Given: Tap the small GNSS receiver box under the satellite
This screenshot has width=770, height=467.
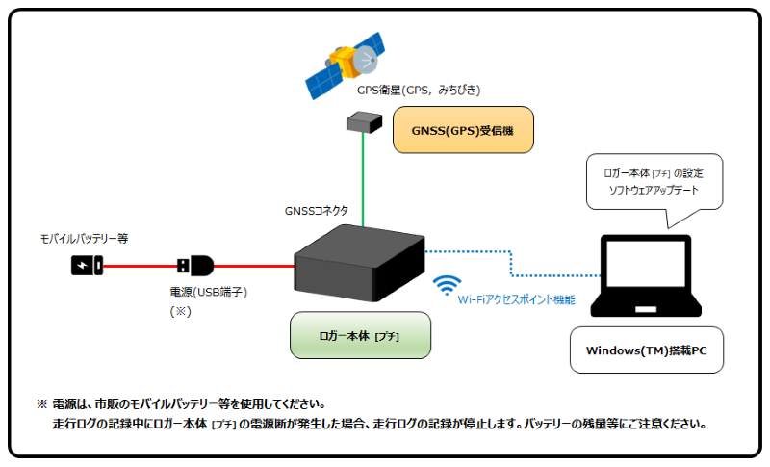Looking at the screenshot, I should pyautogui.click(x=363, y=121).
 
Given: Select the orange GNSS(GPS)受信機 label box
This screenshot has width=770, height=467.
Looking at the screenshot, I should pyautogui.click(x=462, y=129).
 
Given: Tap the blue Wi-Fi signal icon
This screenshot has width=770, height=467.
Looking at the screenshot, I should pyautogui.click(x=447, y=286).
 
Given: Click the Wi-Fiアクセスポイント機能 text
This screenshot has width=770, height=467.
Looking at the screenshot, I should pyautogui.click(x=516, y=300).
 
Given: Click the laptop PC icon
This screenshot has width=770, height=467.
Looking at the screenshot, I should pyautogui.click(x=647, y=280).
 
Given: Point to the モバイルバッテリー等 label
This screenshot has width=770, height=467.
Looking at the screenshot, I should pyautogui.click(x=84, y=237).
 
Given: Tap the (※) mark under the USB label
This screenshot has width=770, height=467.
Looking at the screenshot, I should pyautogui.click(x=184, y=312).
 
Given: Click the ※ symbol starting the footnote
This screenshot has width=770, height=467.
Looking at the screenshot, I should pyautogui.click(x=41, y=403).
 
